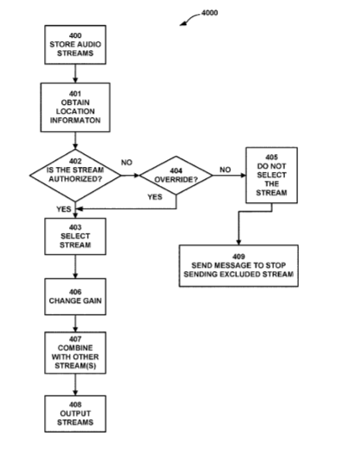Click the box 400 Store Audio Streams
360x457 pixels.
(75, 45)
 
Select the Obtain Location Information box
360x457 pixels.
(75, 108)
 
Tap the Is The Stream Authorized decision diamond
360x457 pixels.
(75, 176)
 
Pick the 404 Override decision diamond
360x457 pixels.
(176, 176)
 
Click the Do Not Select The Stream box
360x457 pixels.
(271, 176)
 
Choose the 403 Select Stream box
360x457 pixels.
(75, 237)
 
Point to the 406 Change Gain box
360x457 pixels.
(75, 297)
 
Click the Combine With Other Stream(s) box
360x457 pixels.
(75, 353)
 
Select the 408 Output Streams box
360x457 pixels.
(75, 414)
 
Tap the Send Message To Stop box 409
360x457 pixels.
(239, 266)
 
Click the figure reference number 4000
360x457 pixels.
(209, 13)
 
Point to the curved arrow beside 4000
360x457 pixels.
(189, 18)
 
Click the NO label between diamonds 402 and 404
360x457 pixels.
(127, 163)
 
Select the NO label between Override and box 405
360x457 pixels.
(225, 170)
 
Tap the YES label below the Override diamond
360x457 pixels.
(155, 197)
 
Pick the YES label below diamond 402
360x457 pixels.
(64, 209)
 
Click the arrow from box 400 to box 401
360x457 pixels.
(75, 73)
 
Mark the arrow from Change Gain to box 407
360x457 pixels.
(75, 324)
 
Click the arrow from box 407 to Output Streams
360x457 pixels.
(75, 385)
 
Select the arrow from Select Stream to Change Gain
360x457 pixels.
(75, 267)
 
